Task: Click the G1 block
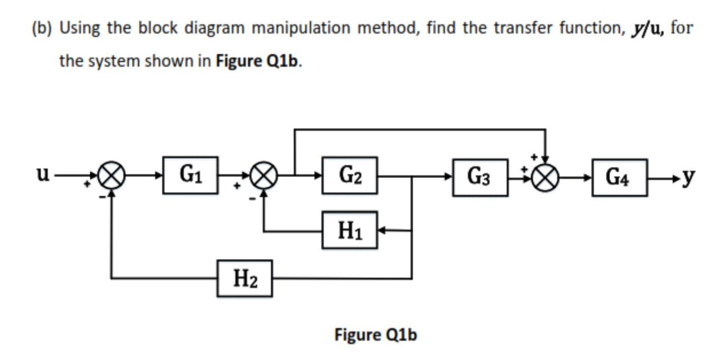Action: (190, 175)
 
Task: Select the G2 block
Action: (350, 175)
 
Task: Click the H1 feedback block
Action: (350, 230)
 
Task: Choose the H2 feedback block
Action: (244, 278)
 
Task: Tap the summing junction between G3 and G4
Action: (545, 177)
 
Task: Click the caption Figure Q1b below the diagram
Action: (375, 335)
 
